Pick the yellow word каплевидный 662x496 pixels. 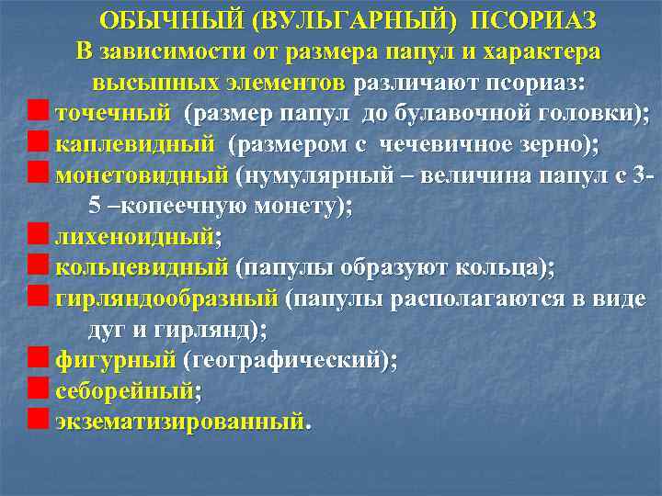point(136,143)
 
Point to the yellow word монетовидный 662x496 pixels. point(142,175)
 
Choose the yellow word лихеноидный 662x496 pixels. point(134,237)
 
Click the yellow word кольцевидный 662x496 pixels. point(142,267)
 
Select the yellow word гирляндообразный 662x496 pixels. point(166,299)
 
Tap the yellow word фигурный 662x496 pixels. point(115,360)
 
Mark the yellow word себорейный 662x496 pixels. point(125,390)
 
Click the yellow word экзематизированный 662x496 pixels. point(178,422)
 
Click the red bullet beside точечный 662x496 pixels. point(38,113)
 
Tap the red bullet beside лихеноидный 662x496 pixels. point(38,237)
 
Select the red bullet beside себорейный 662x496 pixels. point(38,390)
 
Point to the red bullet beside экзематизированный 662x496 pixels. point(38,422)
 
